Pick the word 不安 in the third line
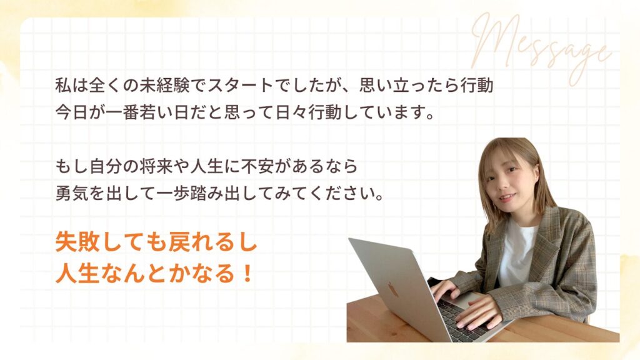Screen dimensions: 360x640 276,167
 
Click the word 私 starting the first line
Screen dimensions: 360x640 62,85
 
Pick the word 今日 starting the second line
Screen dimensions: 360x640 70,115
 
